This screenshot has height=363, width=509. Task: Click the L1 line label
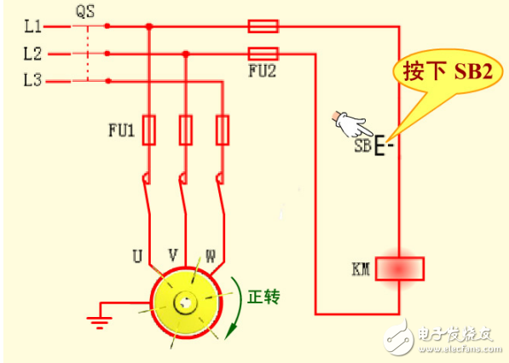(x=32, y=26)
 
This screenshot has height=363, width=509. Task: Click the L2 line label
(x=32, y=54)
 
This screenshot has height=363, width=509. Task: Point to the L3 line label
(x=32, y=81)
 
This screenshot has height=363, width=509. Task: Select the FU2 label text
(x=260, y=72)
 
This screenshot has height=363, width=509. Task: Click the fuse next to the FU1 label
(x=149, y=130)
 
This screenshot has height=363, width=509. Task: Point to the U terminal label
(x=136, y=254)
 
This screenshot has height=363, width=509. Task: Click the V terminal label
(x=173, y=254)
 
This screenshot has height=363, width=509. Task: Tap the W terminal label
(x=210, y=254)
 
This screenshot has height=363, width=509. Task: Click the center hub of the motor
(x=183, y=302)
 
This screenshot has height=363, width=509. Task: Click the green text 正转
(x=263, y=298)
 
